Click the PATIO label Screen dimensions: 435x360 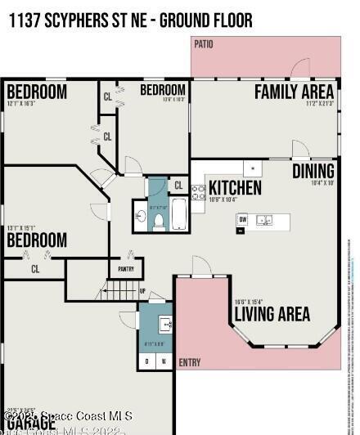[204, 44]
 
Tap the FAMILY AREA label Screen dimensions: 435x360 [294, 91]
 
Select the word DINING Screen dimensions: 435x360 [313, 171]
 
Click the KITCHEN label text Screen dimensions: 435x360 [235, 188]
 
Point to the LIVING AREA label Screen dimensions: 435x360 [272, 314]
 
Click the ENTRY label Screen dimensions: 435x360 [189, 363]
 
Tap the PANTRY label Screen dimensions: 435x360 [126, 268]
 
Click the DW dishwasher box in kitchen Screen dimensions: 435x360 [243, 219]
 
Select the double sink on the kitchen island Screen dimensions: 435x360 [264, 220]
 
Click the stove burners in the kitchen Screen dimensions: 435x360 [198, 193]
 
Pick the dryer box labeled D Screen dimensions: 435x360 [147, 361]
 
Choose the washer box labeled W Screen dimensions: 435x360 [163, 361]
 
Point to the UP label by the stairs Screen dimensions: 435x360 [142, 291]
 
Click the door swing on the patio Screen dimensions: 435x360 [301, 69]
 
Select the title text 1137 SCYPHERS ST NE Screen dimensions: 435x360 [78, 20]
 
